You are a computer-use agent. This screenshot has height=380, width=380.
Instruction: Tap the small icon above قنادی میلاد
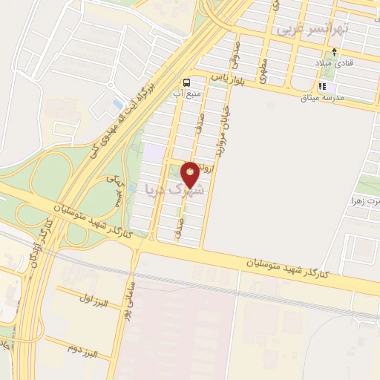point(335,53)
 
